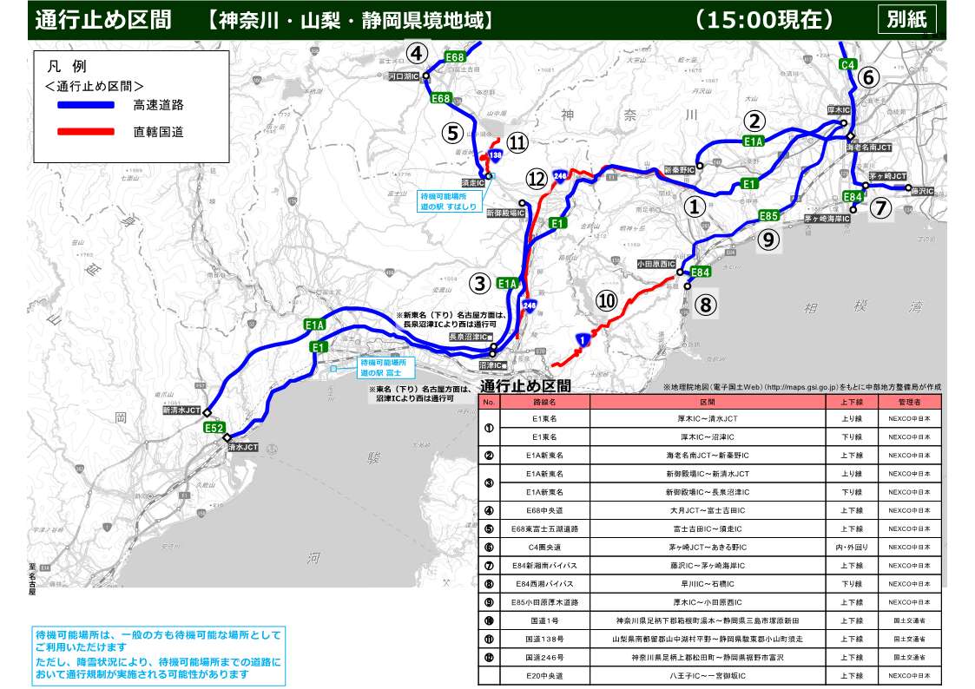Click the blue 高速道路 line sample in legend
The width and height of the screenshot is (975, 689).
tap(86, 105)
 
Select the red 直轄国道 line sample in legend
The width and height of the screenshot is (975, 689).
tap(86, 132)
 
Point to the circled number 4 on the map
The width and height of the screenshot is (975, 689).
tap(418, 54)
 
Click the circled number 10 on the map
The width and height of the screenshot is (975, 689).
tap(607, 299)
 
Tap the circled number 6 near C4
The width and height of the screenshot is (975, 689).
tap(869, 77)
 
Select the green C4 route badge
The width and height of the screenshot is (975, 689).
tap(848, 64)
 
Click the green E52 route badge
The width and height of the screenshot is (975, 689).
tap(214, 428)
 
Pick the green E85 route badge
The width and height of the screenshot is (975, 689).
tap(768, 215)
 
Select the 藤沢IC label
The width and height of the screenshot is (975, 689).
tap(921, 189)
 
